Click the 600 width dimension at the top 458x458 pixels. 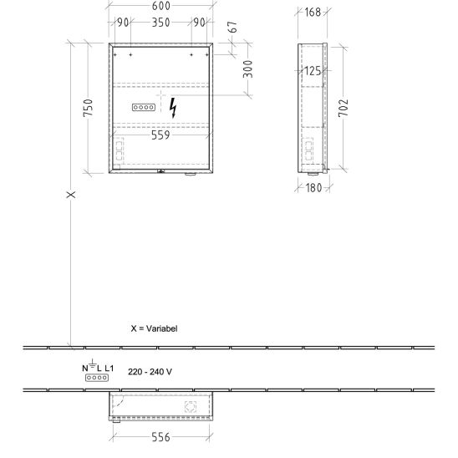(x=161, y=6)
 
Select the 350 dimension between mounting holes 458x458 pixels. (x=161, y=23)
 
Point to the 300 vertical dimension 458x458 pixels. (x=247, y=69)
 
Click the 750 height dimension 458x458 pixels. (x=88, y=108)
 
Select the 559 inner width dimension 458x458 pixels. (x=160, y=135)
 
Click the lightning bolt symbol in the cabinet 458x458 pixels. (x=173, y=108)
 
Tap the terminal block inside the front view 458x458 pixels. (x=144, y=107)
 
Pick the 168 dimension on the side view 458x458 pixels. (x=313, y=13)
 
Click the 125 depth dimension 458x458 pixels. (x=313, y=71)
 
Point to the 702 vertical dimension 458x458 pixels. (x=343, y=108)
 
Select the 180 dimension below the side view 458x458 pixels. (x=314, y=188)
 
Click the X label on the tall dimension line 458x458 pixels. (x=71, y=195)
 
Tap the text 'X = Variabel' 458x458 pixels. (x=155, y=328)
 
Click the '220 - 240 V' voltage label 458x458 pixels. (x=150, y=372)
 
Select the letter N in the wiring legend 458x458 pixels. (x=84, y=369)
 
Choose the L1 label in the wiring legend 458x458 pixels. (x=109, y=369)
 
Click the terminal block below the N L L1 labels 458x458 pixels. (x=97, y=378)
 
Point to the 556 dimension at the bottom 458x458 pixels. (x=160, y=437)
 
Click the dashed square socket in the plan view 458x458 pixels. (x=191, y=406)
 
